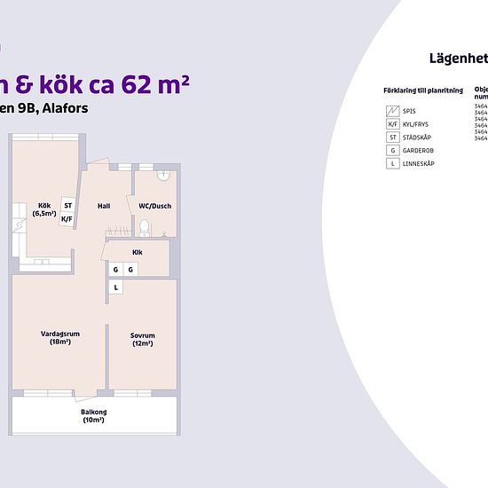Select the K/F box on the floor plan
67,217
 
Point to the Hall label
104,207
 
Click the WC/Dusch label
154,207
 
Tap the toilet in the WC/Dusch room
145,229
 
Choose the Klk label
138,252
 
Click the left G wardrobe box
114,269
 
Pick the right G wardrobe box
130,269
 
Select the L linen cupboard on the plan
114,287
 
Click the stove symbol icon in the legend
391,111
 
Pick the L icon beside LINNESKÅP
391,164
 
